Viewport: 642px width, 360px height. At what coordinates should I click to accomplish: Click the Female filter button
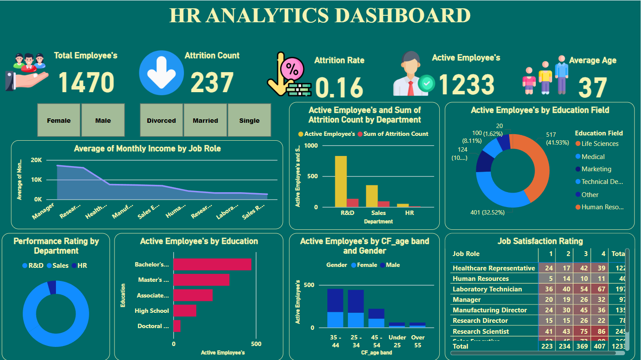(59, 121)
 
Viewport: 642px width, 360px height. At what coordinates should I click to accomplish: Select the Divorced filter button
(161, 121)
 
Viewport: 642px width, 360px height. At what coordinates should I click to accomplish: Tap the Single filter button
(249, 121)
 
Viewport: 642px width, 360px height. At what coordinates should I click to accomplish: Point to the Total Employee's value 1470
(86, 82)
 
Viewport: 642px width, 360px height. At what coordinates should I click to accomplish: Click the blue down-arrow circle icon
(161, 73)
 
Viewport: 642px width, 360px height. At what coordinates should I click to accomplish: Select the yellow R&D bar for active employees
(341, 181)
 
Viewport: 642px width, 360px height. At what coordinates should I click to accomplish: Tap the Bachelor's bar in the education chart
(212, 265)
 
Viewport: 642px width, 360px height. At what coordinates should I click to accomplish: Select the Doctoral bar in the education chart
(177, 326)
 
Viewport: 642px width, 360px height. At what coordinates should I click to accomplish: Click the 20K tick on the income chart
(36, 160)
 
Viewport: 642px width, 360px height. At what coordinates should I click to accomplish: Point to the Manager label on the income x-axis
(43, 211)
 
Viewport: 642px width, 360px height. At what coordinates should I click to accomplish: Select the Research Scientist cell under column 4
(601, 332)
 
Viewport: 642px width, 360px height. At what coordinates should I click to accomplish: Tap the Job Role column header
(466, 254)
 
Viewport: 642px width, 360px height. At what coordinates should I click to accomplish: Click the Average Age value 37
(593, 87)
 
